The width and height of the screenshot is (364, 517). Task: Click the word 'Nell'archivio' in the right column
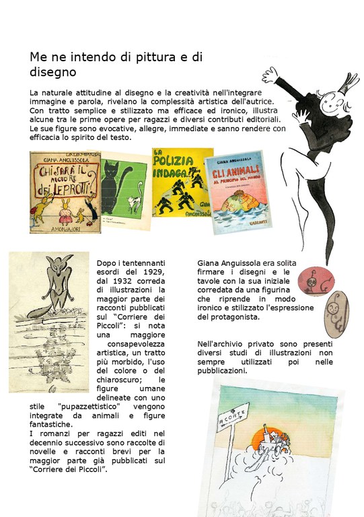(221, 343)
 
